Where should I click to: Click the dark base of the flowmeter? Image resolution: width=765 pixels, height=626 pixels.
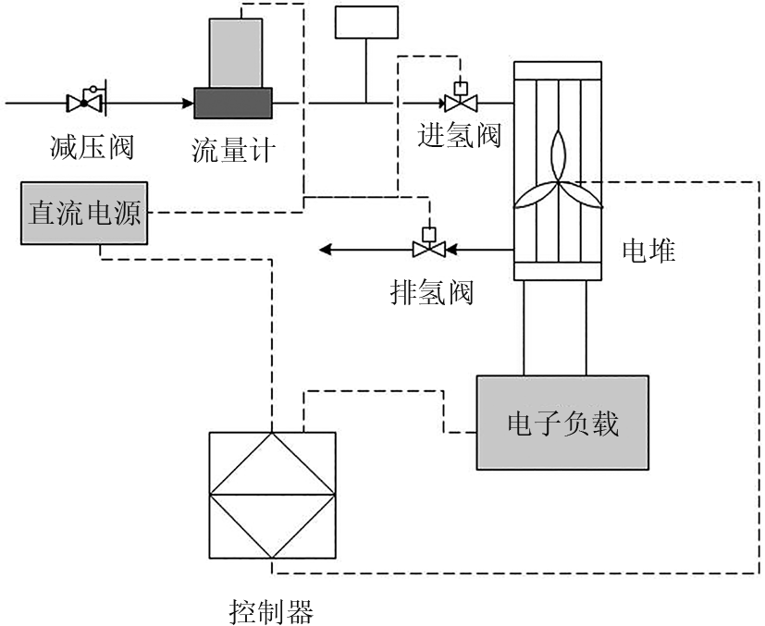tap(233, 103)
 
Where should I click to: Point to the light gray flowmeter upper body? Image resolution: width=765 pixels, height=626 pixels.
tap(236, 53)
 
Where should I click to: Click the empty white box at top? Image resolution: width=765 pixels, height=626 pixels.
tap(367, 22)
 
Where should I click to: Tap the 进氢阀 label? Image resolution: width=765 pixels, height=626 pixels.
tap(460, 136)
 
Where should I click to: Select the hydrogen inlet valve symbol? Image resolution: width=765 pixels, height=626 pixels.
tap(458, 100)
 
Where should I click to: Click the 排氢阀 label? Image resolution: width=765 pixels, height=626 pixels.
tap(432, 293)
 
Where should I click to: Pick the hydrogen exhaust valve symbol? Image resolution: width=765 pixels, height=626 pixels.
tap(428, 248)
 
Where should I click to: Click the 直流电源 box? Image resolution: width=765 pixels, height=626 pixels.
tap(84, 213)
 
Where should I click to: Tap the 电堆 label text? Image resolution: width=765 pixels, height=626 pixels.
tap(648, 250)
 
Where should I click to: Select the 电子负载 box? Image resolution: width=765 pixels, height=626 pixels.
tap(562, 423)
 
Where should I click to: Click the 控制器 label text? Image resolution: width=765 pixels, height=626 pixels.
tap(271, 611)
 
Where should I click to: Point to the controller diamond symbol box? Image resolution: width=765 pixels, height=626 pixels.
tap(272, 495)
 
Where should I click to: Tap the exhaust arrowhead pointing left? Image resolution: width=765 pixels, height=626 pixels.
tap(326, 249)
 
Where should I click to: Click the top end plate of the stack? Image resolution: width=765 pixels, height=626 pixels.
tap(558, 70)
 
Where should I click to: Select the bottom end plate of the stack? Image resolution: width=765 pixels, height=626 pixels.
tap(558, 270)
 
